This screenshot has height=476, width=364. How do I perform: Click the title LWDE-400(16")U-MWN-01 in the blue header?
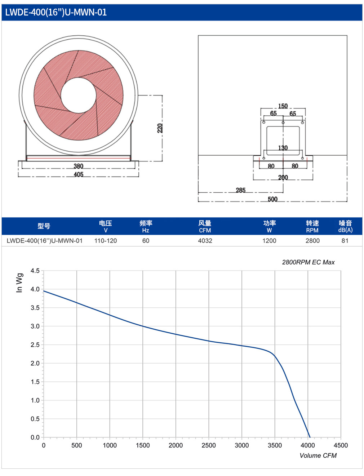(x=56, y=12)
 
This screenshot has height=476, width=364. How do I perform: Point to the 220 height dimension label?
(x=160, y=128)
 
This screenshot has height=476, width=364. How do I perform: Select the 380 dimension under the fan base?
(x=78, y=166)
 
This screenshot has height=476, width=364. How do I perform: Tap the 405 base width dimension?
(x=78, y=174)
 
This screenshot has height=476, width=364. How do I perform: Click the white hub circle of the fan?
(x=79, y=95)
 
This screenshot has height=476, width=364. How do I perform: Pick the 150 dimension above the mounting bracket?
(x=283, y=106)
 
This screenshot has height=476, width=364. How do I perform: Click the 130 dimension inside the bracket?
(x=283, y=148)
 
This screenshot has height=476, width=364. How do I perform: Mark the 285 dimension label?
(x=240, y=190)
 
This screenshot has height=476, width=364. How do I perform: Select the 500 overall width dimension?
(x=272, y=199)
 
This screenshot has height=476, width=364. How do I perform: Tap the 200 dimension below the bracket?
(x=283, y=178)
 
